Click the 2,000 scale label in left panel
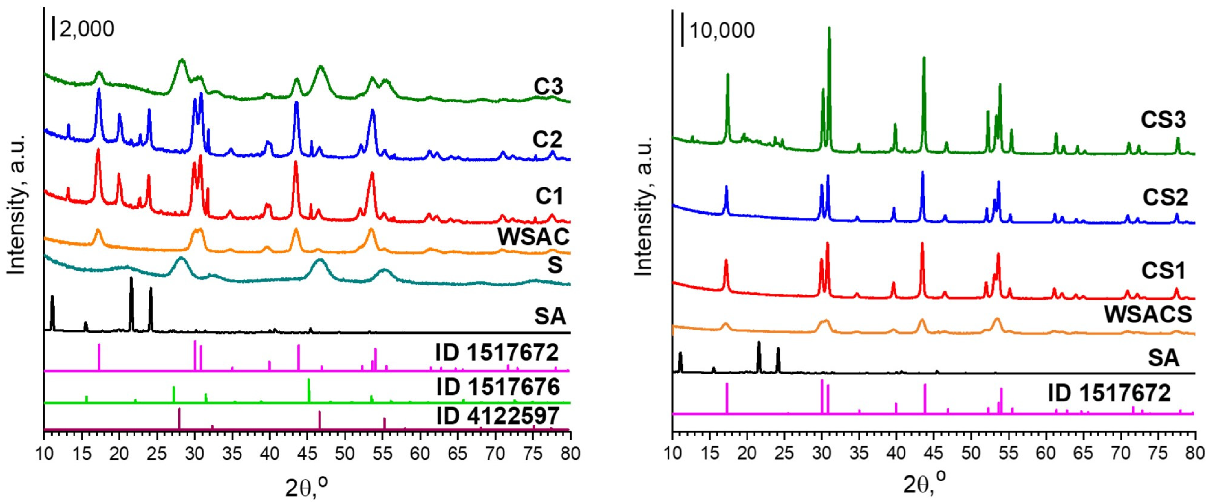(86, 29)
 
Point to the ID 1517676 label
(498, 387)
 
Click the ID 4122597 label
(498, 416)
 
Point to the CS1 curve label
(1163, 271)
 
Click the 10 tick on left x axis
(44, 454)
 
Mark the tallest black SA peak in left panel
(131, 279)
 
